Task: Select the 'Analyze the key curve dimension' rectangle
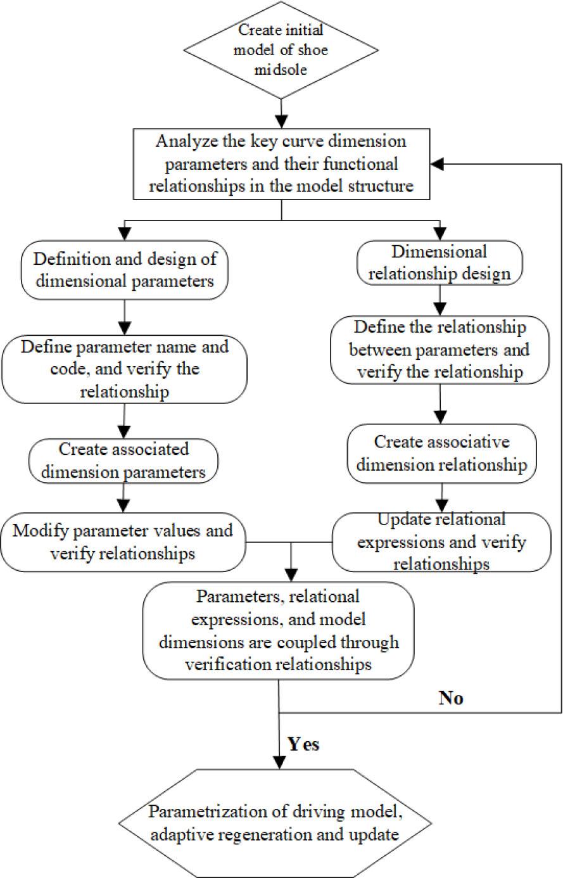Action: (281, 163)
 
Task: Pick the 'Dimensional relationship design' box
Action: (440, 262)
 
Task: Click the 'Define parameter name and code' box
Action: (124, 369)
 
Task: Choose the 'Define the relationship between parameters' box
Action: (440, 350)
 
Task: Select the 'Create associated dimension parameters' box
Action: (124, 460)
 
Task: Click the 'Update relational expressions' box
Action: (441, 542)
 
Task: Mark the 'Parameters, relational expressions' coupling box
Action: (279, 631)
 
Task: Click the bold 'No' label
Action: (451, 698)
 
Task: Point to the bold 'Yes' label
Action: (304, 744)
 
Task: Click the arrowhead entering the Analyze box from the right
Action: (437, 163)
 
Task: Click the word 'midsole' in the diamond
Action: (281, 69)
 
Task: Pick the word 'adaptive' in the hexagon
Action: (177, 834)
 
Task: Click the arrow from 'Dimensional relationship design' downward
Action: (440, 299)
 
